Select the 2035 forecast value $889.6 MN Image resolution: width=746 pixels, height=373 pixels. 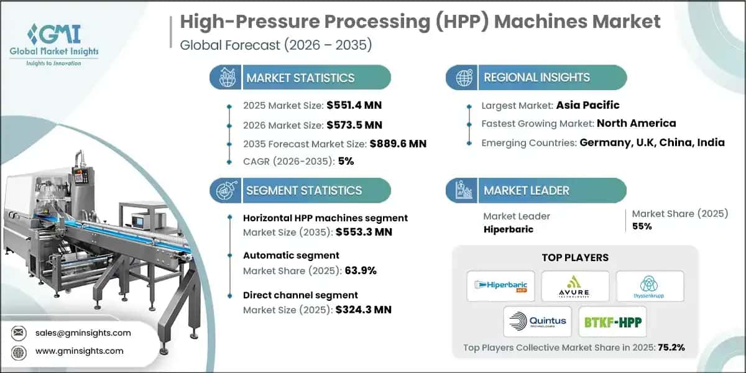(398, 144)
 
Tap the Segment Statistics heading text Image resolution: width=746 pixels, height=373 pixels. (304, 190)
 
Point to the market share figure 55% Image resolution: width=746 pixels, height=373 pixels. (642, 226)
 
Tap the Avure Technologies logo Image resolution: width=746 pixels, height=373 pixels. (575, 286)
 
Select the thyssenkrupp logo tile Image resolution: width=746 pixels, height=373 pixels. (650, 286)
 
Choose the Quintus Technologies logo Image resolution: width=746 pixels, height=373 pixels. (538, 321)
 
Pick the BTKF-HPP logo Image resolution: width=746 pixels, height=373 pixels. (612, 321)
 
